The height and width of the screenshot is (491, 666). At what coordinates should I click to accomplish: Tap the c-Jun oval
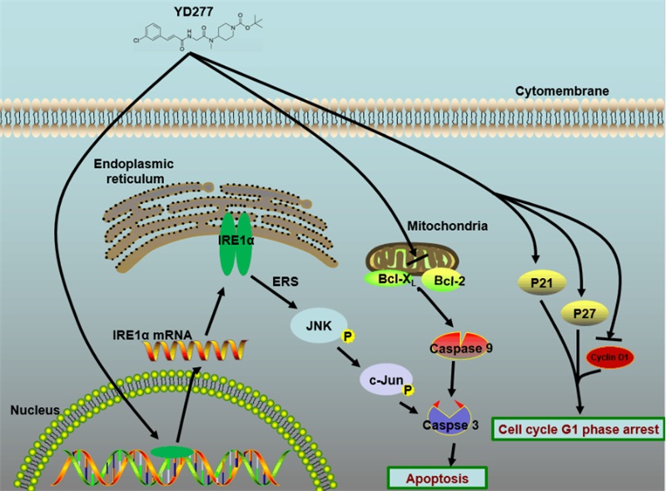[x=379, y=380]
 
